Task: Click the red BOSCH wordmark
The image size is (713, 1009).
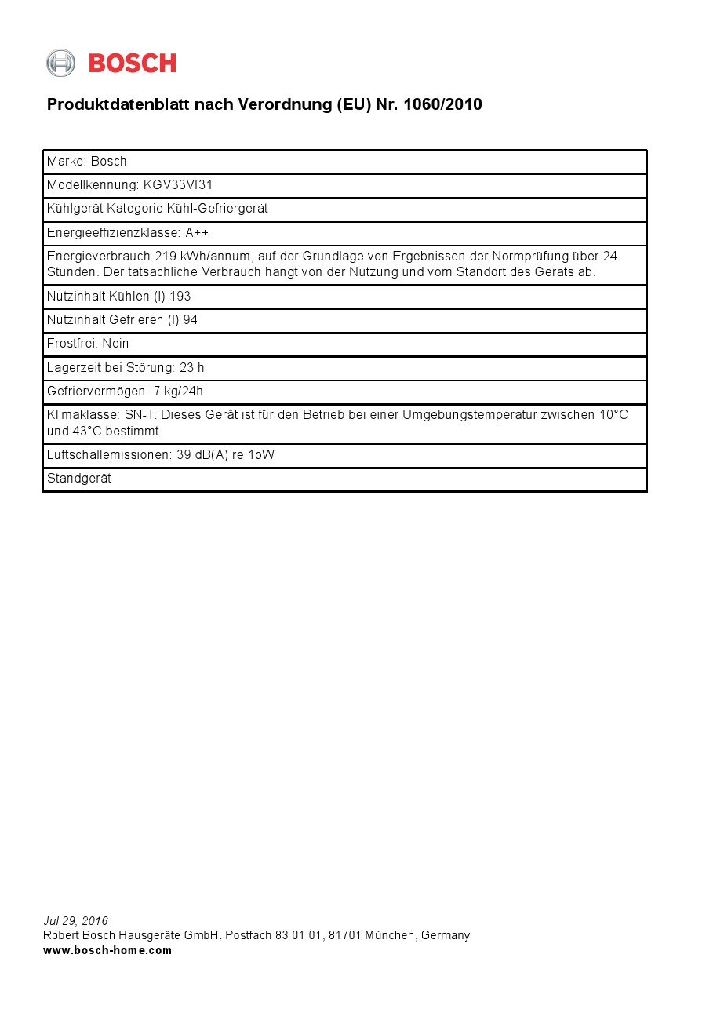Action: pos(132,64)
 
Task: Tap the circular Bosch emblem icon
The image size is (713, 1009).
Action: pos(60,63)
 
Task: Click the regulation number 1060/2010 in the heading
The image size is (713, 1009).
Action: pos(442,104)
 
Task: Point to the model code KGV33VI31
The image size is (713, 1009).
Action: pos(178,185)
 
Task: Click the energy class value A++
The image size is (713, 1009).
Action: pos(197,233)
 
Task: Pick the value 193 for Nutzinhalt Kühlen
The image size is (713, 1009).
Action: pos(180,297)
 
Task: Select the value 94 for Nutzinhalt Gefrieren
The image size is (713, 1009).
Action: pos(190,320)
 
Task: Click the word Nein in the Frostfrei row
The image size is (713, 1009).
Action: pos(115,344)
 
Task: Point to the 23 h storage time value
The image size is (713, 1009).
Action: pos(192,367)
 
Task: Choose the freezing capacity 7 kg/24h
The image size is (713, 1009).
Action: pos(178,392)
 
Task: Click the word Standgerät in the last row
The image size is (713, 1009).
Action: pos(79,479)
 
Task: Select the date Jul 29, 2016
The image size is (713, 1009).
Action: pos(75,921)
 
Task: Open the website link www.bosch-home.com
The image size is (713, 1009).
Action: pos(107,950)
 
